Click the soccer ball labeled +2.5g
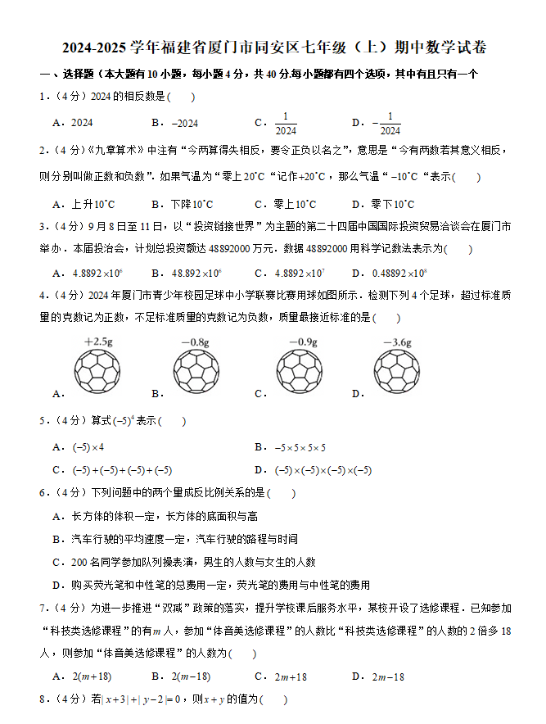[x=98, y=373]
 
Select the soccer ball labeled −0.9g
[x=302, y=373]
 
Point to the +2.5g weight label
[x=98, y=342]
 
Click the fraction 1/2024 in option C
[x=286, y=123]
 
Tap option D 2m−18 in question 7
[x=388, y=676]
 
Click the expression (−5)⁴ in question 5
[x=123, y=421]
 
